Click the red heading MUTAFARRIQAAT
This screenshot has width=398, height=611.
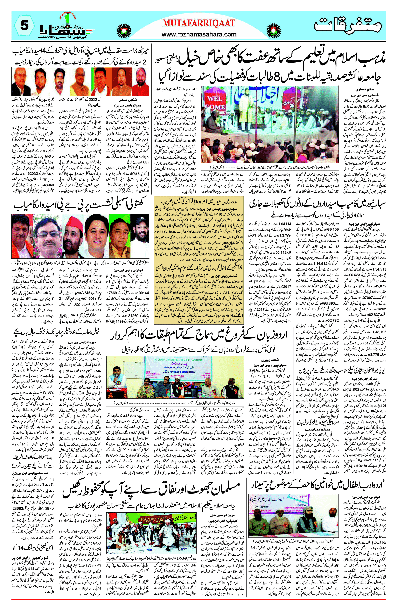[x=199, y=23]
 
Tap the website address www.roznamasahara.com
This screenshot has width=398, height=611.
[x=199, y=34]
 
